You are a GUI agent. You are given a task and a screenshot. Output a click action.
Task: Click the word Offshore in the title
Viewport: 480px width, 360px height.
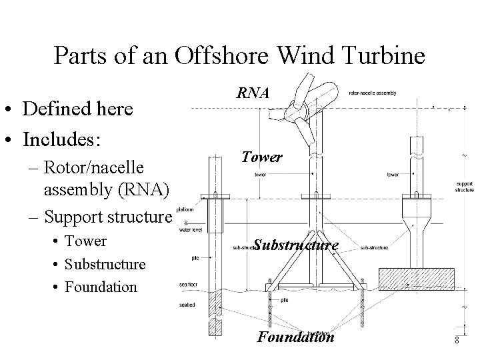(213, 56)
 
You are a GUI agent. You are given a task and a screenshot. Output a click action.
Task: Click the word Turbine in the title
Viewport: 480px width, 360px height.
(385, 56)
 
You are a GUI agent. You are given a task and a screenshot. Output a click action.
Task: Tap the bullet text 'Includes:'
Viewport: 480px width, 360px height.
(61, 141)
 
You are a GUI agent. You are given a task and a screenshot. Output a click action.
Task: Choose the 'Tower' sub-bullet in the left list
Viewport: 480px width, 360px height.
(85, 241)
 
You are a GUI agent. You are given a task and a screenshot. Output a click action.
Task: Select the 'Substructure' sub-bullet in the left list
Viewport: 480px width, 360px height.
(105, 264)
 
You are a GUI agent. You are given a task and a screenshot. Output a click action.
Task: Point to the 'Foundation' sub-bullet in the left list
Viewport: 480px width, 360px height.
(101, 287)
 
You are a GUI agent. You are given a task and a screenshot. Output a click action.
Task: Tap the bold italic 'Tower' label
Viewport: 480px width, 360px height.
(262, 157)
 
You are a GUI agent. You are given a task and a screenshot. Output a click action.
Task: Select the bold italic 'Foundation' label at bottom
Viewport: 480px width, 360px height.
(295, 337)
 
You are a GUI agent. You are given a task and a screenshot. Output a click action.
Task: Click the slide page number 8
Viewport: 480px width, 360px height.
(457, 340)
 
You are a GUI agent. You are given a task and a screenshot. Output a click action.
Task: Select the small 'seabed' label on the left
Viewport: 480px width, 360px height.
(186, 306)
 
